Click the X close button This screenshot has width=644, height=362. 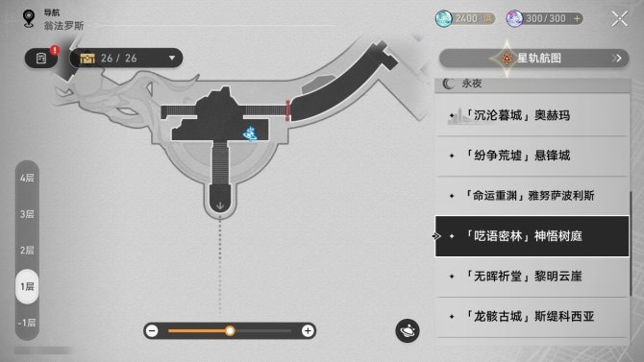coord(618,18)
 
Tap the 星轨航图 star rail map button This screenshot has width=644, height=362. coord(533,59)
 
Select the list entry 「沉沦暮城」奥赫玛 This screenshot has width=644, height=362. coord(531,116)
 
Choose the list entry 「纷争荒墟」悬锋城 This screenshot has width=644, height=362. coord(531,156)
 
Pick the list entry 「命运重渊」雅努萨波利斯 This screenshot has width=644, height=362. coord(531,196)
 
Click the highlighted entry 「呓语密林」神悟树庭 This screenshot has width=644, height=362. coord(531,235)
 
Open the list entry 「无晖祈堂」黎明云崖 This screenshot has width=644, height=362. coord(531,276)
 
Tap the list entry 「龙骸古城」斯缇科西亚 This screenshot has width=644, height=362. coord(531,315)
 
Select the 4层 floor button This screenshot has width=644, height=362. coord(27,178)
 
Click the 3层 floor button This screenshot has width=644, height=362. coord(27,213)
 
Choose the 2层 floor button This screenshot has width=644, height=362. coord(27,250)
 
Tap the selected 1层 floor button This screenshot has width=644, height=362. coord(27,286)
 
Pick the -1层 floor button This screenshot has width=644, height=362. coord(27,322)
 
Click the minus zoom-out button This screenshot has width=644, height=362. coord(152,330)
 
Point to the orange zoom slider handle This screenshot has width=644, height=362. coord(230,330)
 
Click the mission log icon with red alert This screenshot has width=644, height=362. coord(42,59)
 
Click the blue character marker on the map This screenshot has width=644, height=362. coord(249,133)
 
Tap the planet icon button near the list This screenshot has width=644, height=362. coord(408,330)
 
